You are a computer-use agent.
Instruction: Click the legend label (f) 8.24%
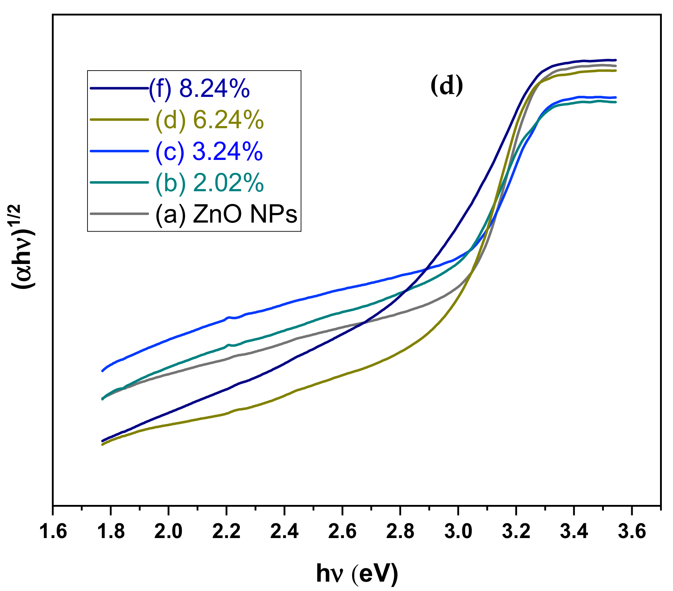pos(199,89)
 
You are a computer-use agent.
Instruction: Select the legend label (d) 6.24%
pos(210,120)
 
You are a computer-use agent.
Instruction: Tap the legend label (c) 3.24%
pos(209,152)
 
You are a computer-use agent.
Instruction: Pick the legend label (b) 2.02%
pos(210,183)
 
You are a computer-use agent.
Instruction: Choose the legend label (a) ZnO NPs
pos(226,214)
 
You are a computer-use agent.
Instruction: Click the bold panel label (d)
pos(447,86)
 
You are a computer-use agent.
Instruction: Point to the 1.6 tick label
pos(53,532)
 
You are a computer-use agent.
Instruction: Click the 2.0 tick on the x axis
pos(169,532)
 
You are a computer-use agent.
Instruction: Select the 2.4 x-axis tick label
pos(284,532)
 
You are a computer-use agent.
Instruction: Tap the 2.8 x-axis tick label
pos(400,532)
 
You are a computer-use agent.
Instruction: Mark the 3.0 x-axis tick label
pos(458,532)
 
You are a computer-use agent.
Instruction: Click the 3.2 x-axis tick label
pos(516,532)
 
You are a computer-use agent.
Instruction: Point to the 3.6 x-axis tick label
pos(632,532)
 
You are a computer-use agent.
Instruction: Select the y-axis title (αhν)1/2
pos(22,247)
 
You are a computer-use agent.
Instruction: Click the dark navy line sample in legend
pos(119,88)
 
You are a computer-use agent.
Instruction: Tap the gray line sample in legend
pos(119,214)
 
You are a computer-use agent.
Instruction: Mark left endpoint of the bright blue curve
pos(103,371)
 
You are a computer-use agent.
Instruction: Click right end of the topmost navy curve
pos(616,60)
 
